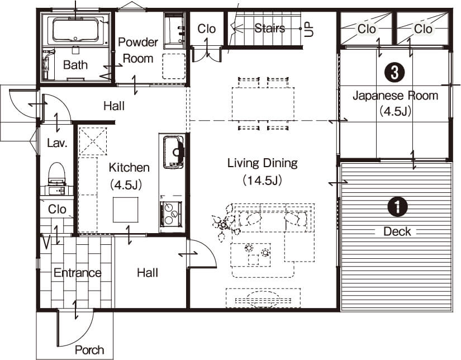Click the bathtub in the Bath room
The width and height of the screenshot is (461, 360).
(x=75, y=30)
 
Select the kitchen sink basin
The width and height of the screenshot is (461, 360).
(x=173, y=151)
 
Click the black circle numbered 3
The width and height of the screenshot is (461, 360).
(x=394, y=73)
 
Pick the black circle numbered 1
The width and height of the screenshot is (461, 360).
(x=397, y=207)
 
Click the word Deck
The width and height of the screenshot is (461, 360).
(x=397, y=232)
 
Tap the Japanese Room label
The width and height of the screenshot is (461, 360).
(x=395, y=96)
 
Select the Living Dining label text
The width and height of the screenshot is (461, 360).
(x=263, y=163)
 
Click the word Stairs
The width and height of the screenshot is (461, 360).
(x=269, y=29)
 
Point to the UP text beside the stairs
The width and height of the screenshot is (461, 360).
(x=309, y=30)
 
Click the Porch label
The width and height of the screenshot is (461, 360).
(x=89, y=350)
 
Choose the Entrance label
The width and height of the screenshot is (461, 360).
(x=78, y=273)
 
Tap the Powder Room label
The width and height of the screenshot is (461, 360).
(x=138, y=50)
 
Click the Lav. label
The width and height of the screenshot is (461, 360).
(x=57, y=143)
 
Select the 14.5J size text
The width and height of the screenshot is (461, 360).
(x=263, y=181)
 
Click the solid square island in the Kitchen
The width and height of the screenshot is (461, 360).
(x=126, y=210)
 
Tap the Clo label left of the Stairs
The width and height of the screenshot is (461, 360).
(x=206, y=29)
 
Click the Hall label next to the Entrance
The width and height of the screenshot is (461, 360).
(x=148, y=273)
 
